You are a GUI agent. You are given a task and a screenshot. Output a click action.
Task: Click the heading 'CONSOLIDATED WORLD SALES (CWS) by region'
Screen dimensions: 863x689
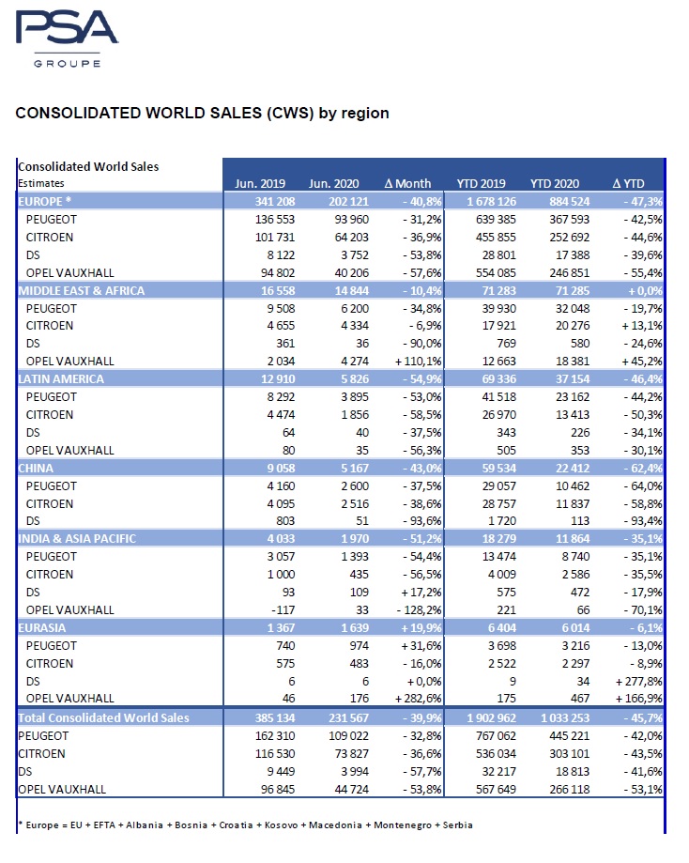click(202, 114)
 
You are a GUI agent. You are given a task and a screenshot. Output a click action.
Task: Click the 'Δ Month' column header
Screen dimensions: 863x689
click(409, 183)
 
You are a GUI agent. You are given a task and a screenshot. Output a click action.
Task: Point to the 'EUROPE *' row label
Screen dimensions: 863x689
click(46, 200)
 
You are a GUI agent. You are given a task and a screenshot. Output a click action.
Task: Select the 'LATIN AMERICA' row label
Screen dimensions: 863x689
click(60, 378)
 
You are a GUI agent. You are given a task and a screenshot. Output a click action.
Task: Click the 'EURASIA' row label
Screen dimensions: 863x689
click(43, 626)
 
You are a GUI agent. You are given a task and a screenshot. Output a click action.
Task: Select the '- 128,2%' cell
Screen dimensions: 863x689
click(407, 610)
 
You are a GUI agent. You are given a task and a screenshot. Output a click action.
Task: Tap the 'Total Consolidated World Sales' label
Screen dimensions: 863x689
click(104, 717)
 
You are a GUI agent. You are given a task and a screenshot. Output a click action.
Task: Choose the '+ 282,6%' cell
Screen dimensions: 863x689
click(406, 699)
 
